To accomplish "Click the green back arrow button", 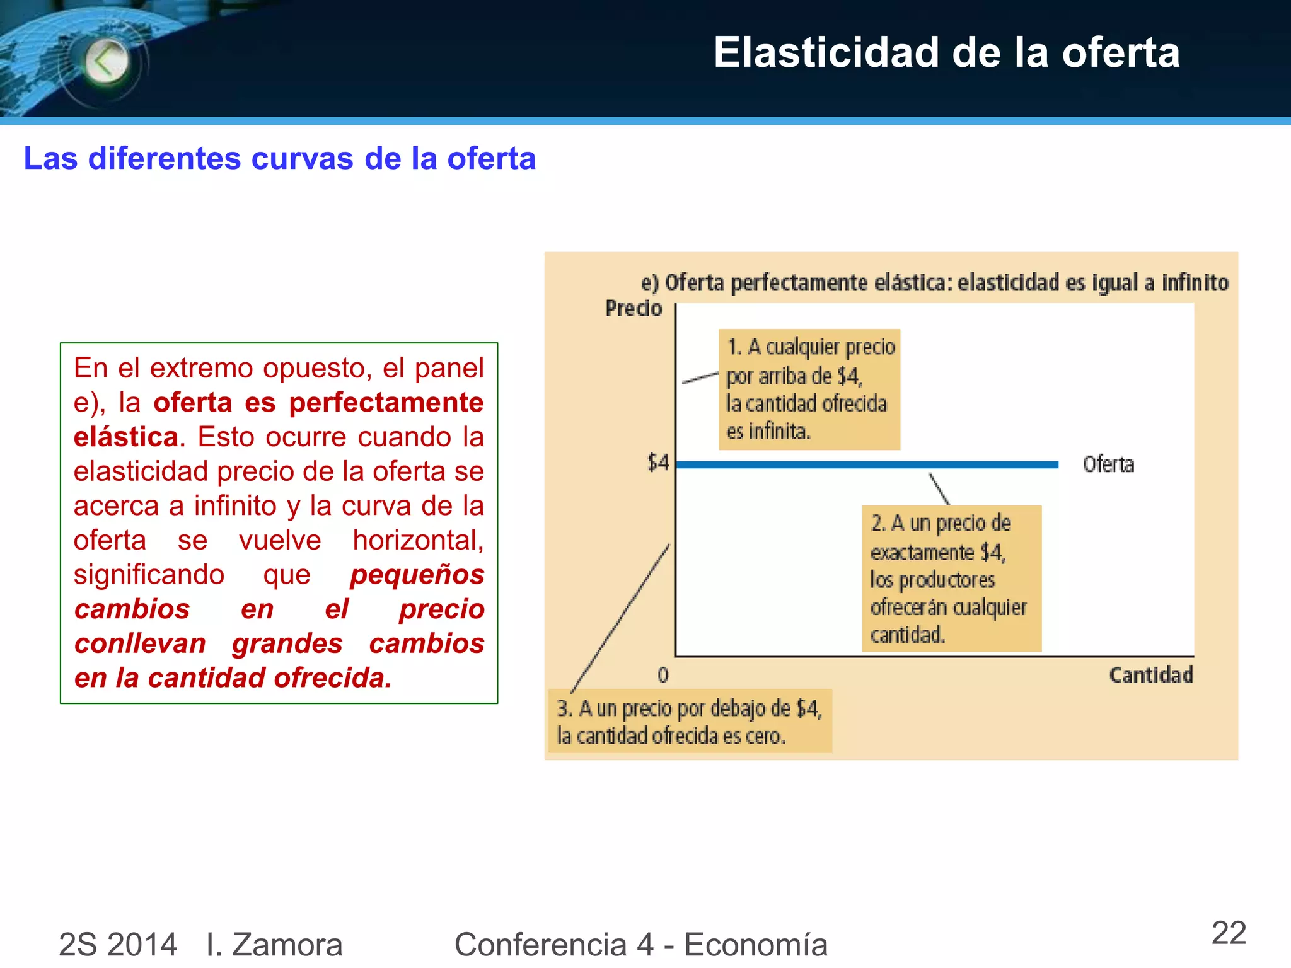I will point(106,62).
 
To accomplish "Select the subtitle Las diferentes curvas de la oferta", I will point(279,158).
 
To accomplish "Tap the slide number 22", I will point(1229,933).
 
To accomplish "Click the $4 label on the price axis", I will point(658,463).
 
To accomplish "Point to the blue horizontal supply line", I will point(867,465).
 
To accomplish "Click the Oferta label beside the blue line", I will point(1108,464).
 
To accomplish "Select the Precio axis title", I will point(634,309).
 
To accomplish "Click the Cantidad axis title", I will point(1150,676).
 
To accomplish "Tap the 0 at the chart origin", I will point(663,676).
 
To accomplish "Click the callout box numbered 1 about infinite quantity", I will point(809,389).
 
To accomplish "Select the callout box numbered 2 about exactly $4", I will point(951,578).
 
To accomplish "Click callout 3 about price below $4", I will point(690,722).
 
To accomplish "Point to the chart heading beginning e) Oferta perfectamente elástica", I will point(934,282).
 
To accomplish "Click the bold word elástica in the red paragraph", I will point(125,437).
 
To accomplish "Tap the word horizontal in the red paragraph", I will point(417,540).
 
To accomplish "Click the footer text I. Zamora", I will point(274,944).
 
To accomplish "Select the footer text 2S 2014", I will point(118,944).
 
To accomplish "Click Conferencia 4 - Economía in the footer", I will point(640,944).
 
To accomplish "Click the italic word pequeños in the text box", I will point(417,575).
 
